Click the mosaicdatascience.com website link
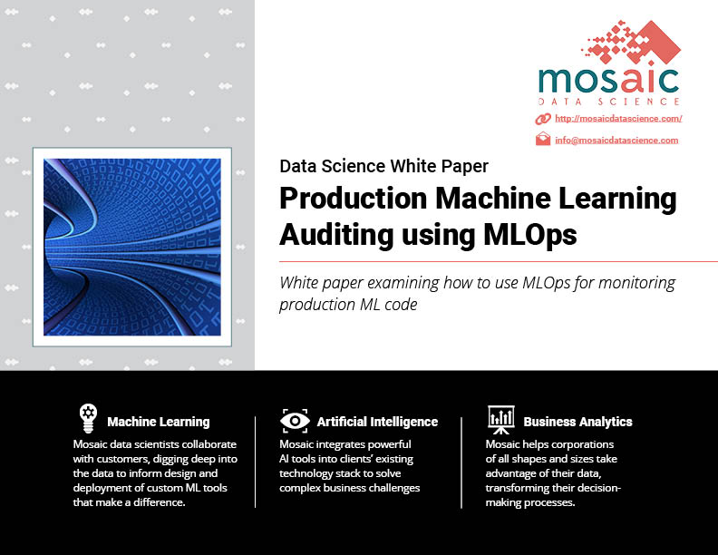tap(618, 119)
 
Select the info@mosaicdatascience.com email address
tap(616, 141)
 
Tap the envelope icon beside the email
tap(543, 139)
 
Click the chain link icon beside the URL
tap(543, 119)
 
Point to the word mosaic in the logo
tap(608, 81)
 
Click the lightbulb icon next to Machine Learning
tap(88, 418)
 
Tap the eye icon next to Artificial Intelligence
tap(295, 421)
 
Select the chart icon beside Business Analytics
tap(501, 420)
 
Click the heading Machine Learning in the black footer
tap(159, 422)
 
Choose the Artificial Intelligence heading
tap(377, 422)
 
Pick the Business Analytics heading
tap(577, 422)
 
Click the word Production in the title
tap(353, 199)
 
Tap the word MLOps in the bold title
tap(530, 236)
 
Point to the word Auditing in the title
tap(336, 236)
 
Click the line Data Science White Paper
tap(384, 166)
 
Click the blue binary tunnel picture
tap(132, 247)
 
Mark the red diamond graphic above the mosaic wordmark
tap(631, 42)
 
